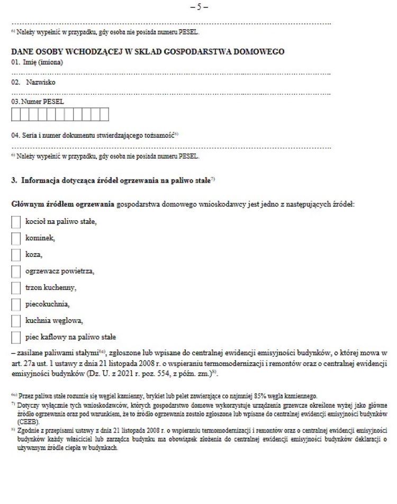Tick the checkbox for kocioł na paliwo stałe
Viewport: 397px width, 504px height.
16,221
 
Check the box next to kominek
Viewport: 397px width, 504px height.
16,238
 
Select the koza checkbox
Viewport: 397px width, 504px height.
16,255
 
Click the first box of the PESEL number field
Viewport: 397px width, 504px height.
16,114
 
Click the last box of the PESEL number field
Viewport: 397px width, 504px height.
104,114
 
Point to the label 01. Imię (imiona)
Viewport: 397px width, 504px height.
37,62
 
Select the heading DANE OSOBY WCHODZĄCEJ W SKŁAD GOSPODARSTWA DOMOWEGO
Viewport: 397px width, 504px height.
148,52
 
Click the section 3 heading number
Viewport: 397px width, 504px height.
13,181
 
